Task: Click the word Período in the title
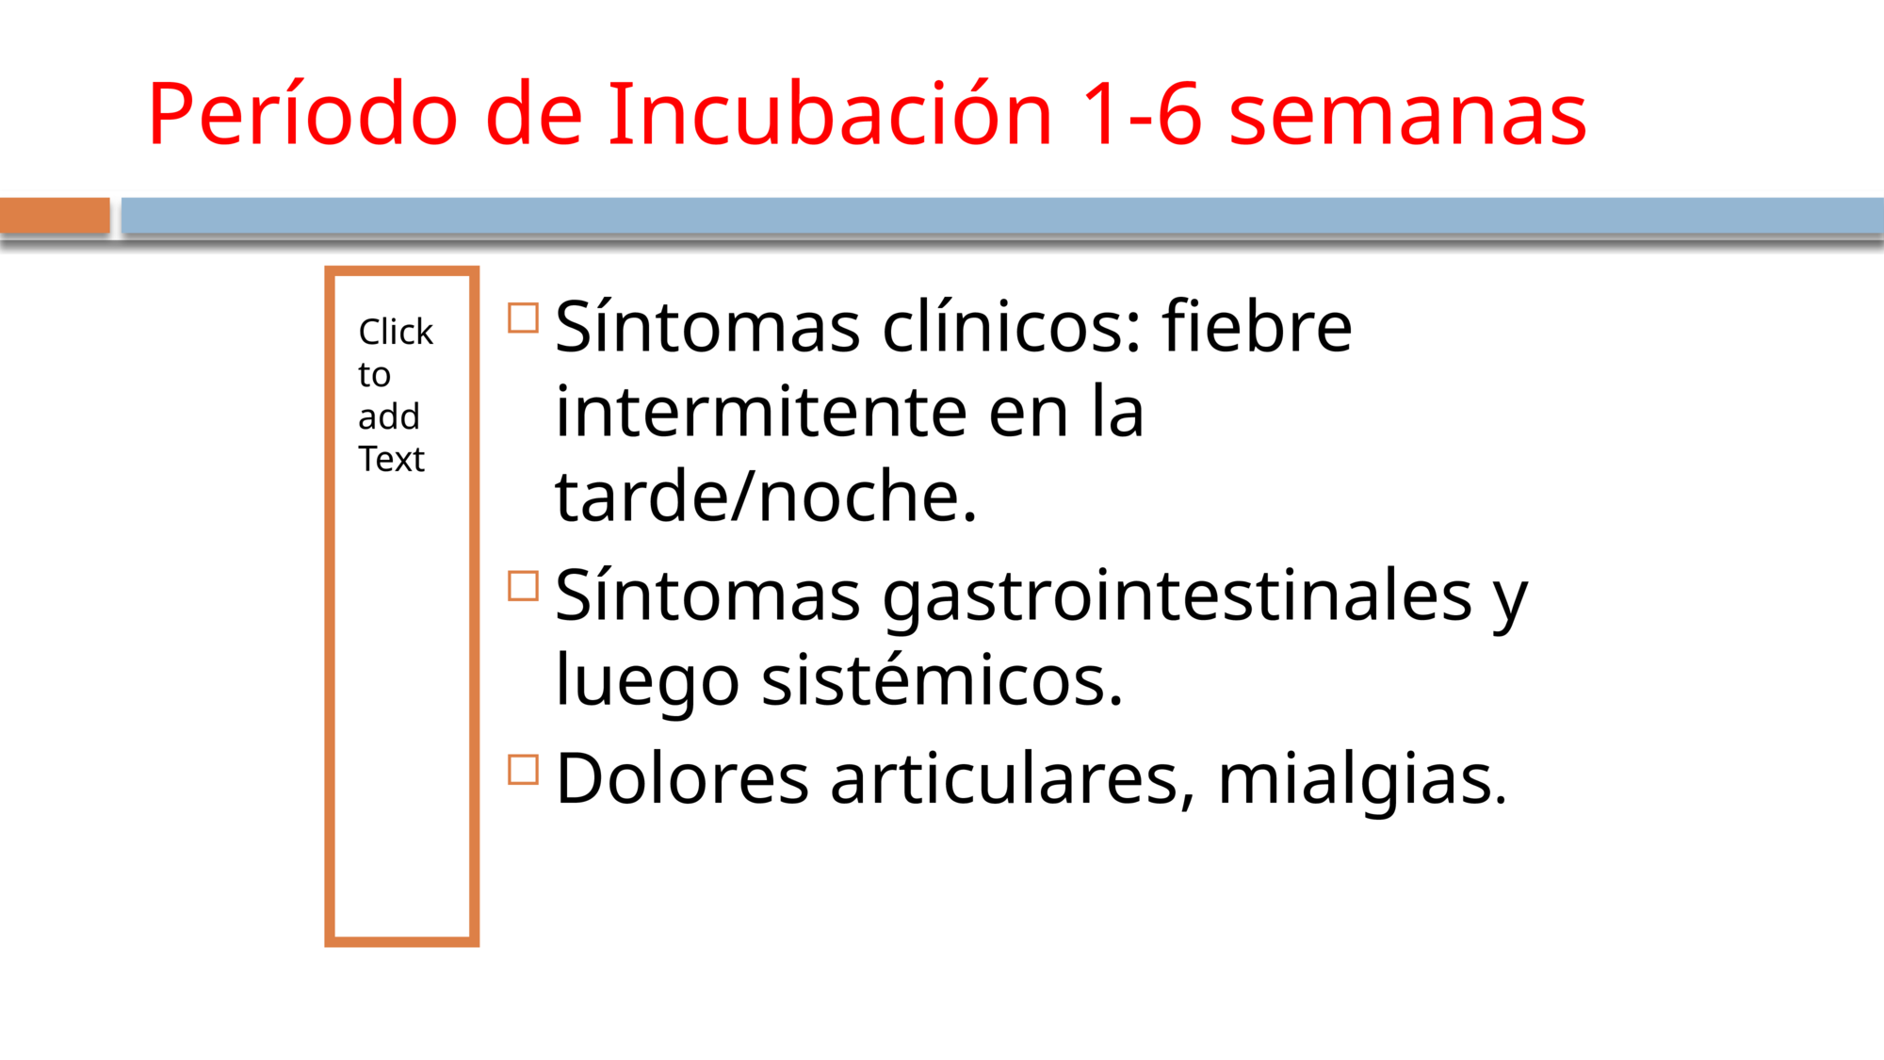tap(302, 113)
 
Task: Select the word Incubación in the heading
tap(830, 113)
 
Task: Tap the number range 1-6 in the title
tap(1141, 114)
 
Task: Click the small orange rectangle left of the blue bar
tap(55, 215)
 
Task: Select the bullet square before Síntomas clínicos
tap(523, 318)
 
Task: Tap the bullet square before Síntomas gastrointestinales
tap(523, 586)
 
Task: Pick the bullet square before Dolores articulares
tap(523, 770)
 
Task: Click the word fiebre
tap(1257, 326)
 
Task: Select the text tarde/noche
tap(767, 496)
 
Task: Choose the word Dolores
tap(683, 778)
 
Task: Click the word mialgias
tap(1362, 782)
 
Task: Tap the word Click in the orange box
tap(396, 332)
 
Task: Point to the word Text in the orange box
tap(391, 459)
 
